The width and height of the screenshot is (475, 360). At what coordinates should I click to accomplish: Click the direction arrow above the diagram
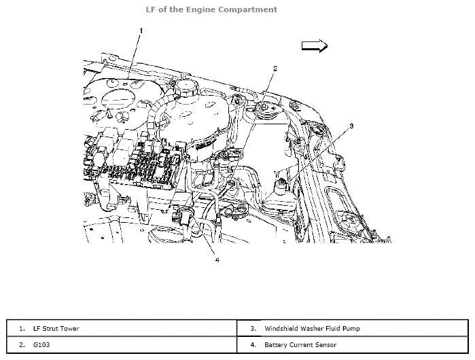[x=315, y=45]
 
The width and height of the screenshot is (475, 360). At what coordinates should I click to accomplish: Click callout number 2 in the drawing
[x=275, y=69]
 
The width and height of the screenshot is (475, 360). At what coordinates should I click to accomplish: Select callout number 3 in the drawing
[x=351, y=126]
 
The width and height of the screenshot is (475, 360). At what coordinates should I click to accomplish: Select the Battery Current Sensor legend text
[x=297, y=345]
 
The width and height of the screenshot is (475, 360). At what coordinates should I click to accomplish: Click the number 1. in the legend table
[x=22, y=329]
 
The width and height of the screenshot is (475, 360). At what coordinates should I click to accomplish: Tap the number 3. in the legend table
[x=252, y=329]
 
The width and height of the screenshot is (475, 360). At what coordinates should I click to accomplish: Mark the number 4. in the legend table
[x=252, y=345]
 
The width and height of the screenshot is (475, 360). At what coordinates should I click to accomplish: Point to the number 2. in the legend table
[x=22, y=345]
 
